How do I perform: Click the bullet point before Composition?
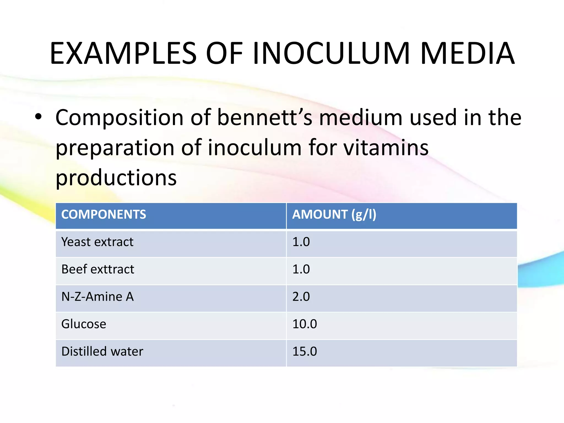[38, 117]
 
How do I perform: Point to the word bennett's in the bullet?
[265, 118]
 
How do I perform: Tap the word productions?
[116, 178]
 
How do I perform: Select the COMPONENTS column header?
[104, 215]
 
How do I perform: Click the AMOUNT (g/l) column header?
[334, 215]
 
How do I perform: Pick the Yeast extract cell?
[97, 242]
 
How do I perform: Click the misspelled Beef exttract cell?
[98, 269]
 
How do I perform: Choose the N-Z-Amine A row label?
[97, 297]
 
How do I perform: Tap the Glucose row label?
[84, 324]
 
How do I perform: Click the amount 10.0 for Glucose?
[305, 324]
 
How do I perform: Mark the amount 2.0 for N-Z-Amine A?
[301, 297]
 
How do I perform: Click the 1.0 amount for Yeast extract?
[301, 242]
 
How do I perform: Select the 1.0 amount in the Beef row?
[301, 269]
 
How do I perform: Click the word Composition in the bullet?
[120, 118]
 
